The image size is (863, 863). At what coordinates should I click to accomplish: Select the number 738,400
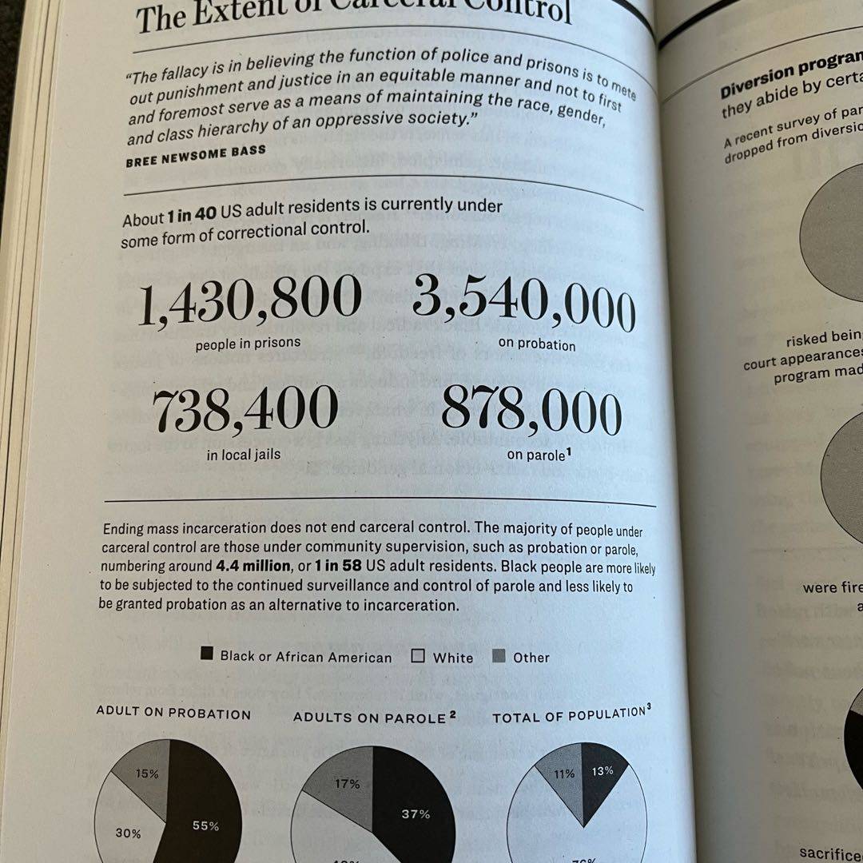pos(245,409)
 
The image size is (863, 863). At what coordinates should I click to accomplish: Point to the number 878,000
pos(531,412)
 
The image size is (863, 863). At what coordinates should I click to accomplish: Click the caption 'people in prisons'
pos(248,344)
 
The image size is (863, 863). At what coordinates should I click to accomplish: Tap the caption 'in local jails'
pos(244,455)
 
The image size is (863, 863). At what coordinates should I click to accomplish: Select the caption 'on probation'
pos(536,344)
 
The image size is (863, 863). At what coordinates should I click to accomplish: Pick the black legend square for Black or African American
pos(207,654)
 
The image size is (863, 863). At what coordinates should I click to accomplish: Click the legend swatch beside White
pos(418,657)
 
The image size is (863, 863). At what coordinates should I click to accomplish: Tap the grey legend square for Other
pos(499,657)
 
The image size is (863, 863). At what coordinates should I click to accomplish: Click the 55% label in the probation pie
pos(205,825)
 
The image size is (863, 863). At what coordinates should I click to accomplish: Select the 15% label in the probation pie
pos(147,774)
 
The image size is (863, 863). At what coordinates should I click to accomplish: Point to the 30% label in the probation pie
pos(128,833)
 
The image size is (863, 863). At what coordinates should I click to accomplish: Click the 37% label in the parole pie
pos(415,814)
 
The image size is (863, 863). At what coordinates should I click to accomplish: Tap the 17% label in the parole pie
pos(347,784)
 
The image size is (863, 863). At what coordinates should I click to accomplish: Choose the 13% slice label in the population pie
pos(603,770)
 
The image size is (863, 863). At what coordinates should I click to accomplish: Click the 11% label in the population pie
pos(564,773)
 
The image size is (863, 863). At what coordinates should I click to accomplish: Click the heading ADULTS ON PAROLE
pos(368,718)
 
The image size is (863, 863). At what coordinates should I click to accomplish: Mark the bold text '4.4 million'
pos(253,566)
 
